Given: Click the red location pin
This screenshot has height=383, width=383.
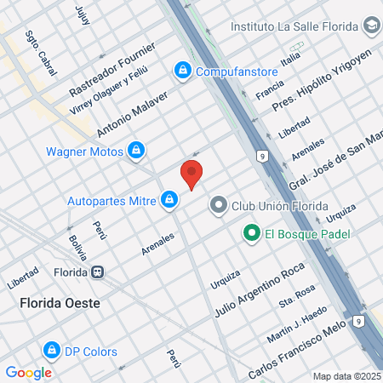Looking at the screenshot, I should pos(192,174).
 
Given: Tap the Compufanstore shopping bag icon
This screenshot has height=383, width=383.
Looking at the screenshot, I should pos(181,71).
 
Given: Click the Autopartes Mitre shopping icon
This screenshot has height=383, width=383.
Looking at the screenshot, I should pos(170,200).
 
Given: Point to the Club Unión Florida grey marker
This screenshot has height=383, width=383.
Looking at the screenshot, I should pos(219,204).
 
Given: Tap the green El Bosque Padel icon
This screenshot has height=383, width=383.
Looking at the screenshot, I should pos(252,232).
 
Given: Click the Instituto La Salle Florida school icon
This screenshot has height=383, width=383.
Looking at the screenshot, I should pos(371,26).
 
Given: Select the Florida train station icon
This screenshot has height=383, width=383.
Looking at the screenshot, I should pos(99,272).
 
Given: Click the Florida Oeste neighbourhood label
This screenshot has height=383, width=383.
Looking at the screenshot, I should pos(60,302).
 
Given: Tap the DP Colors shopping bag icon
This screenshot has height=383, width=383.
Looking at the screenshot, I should pos(51,351).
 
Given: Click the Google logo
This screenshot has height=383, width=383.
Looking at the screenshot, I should pos(28,372).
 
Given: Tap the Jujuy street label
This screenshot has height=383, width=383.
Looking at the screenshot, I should pos(82,14).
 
